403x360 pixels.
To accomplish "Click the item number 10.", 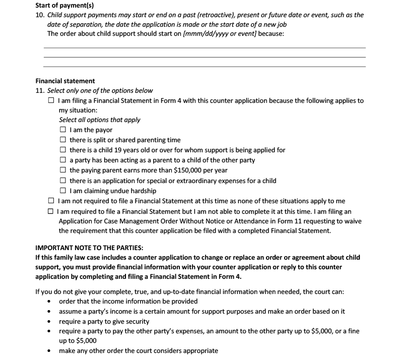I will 40,15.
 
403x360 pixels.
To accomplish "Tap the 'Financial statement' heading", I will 65,81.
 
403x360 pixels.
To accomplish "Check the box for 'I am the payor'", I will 63,130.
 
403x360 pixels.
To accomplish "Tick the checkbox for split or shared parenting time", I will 63,140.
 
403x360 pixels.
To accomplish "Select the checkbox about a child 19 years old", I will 63,150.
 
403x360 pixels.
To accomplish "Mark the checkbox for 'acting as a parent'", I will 63,160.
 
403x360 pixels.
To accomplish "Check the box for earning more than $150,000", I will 63,170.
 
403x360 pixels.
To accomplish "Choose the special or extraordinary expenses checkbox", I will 63,181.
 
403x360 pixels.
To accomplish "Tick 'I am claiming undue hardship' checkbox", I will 63,191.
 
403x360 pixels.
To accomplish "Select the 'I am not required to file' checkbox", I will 51,201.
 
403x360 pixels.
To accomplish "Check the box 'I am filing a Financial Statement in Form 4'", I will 51,101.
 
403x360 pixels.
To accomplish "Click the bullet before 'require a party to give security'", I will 48,322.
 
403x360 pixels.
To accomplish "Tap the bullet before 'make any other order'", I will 48,351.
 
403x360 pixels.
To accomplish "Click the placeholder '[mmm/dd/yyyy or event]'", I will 221,34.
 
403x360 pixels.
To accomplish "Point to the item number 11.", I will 40,91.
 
